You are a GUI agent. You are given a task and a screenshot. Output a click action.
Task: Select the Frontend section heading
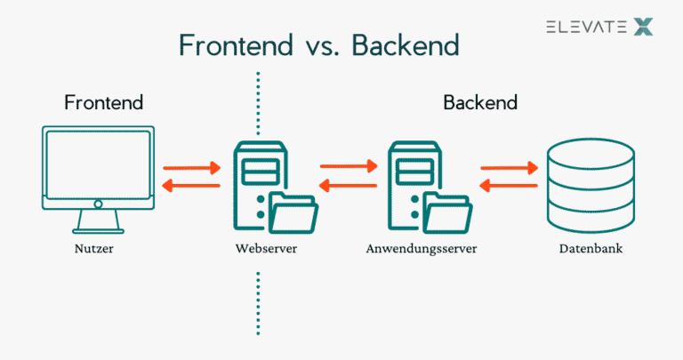103,103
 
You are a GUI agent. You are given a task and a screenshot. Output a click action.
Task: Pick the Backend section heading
480,103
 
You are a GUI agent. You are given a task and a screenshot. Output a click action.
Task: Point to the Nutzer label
94,249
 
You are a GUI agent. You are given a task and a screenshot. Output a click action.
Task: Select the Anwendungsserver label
422,249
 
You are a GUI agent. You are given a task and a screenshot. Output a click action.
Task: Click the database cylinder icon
591,184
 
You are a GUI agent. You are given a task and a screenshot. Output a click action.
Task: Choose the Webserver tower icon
253,182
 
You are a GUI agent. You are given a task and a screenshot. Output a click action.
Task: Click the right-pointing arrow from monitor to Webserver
191,166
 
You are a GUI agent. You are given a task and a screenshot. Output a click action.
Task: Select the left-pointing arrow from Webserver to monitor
191,186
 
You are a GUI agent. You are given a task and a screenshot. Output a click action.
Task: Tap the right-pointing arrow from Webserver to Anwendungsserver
349,166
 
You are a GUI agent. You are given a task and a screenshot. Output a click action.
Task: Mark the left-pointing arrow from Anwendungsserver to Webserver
349,186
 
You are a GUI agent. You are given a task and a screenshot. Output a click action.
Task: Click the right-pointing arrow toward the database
510,166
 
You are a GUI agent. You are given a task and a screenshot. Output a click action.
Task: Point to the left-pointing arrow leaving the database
510,186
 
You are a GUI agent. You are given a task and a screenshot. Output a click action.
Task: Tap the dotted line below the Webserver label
258,302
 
